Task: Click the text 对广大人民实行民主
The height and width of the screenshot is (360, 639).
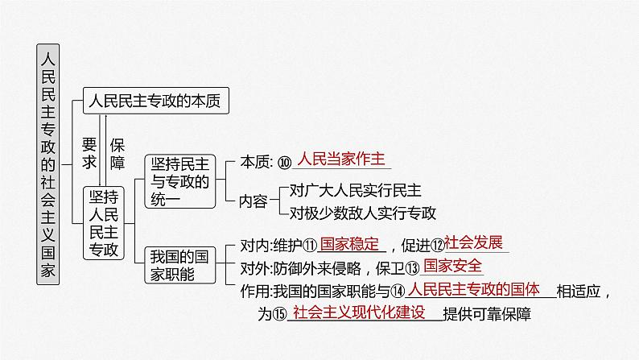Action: click(354, 192)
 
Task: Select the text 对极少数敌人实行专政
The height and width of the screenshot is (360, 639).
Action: click(362, 213)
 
